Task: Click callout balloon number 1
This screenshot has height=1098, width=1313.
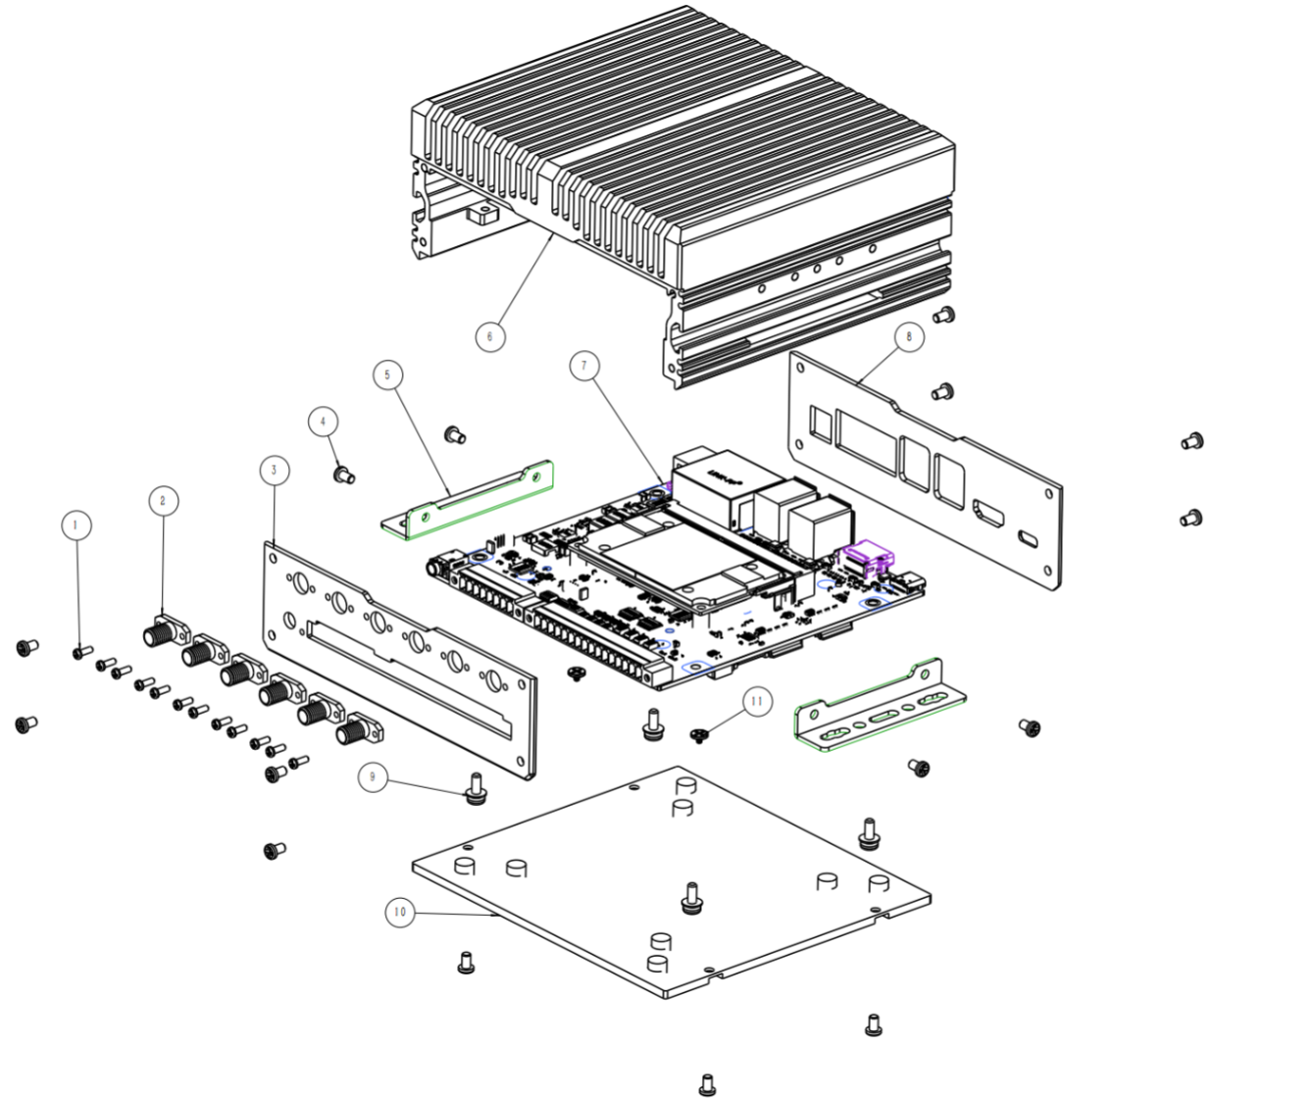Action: click(76, 525)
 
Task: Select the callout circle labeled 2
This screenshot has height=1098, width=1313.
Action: click(163, 501)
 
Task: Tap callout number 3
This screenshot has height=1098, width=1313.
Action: click(274, 470)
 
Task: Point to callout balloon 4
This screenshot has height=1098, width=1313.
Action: click(323, 422)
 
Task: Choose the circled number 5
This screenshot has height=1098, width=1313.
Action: click(388, 374)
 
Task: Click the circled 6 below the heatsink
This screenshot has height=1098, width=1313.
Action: click(490, 336)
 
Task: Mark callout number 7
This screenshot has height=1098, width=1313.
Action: click(584, 366)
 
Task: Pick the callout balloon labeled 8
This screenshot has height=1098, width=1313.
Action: click(909, 337)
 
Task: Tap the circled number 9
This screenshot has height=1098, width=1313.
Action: click(372, 777)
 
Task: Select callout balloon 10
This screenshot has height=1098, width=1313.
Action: click(399, 912)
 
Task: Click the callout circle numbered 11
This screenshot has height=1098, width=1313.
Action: click(756, 701)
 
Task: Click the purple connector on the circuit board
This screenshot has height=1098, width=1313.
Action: click(866, 557)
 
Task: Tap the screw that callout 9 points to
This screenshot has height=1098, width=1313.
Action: click(477, 787)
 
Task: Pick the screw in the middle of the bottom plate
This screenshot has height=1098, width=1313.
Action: click(691, 898)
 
